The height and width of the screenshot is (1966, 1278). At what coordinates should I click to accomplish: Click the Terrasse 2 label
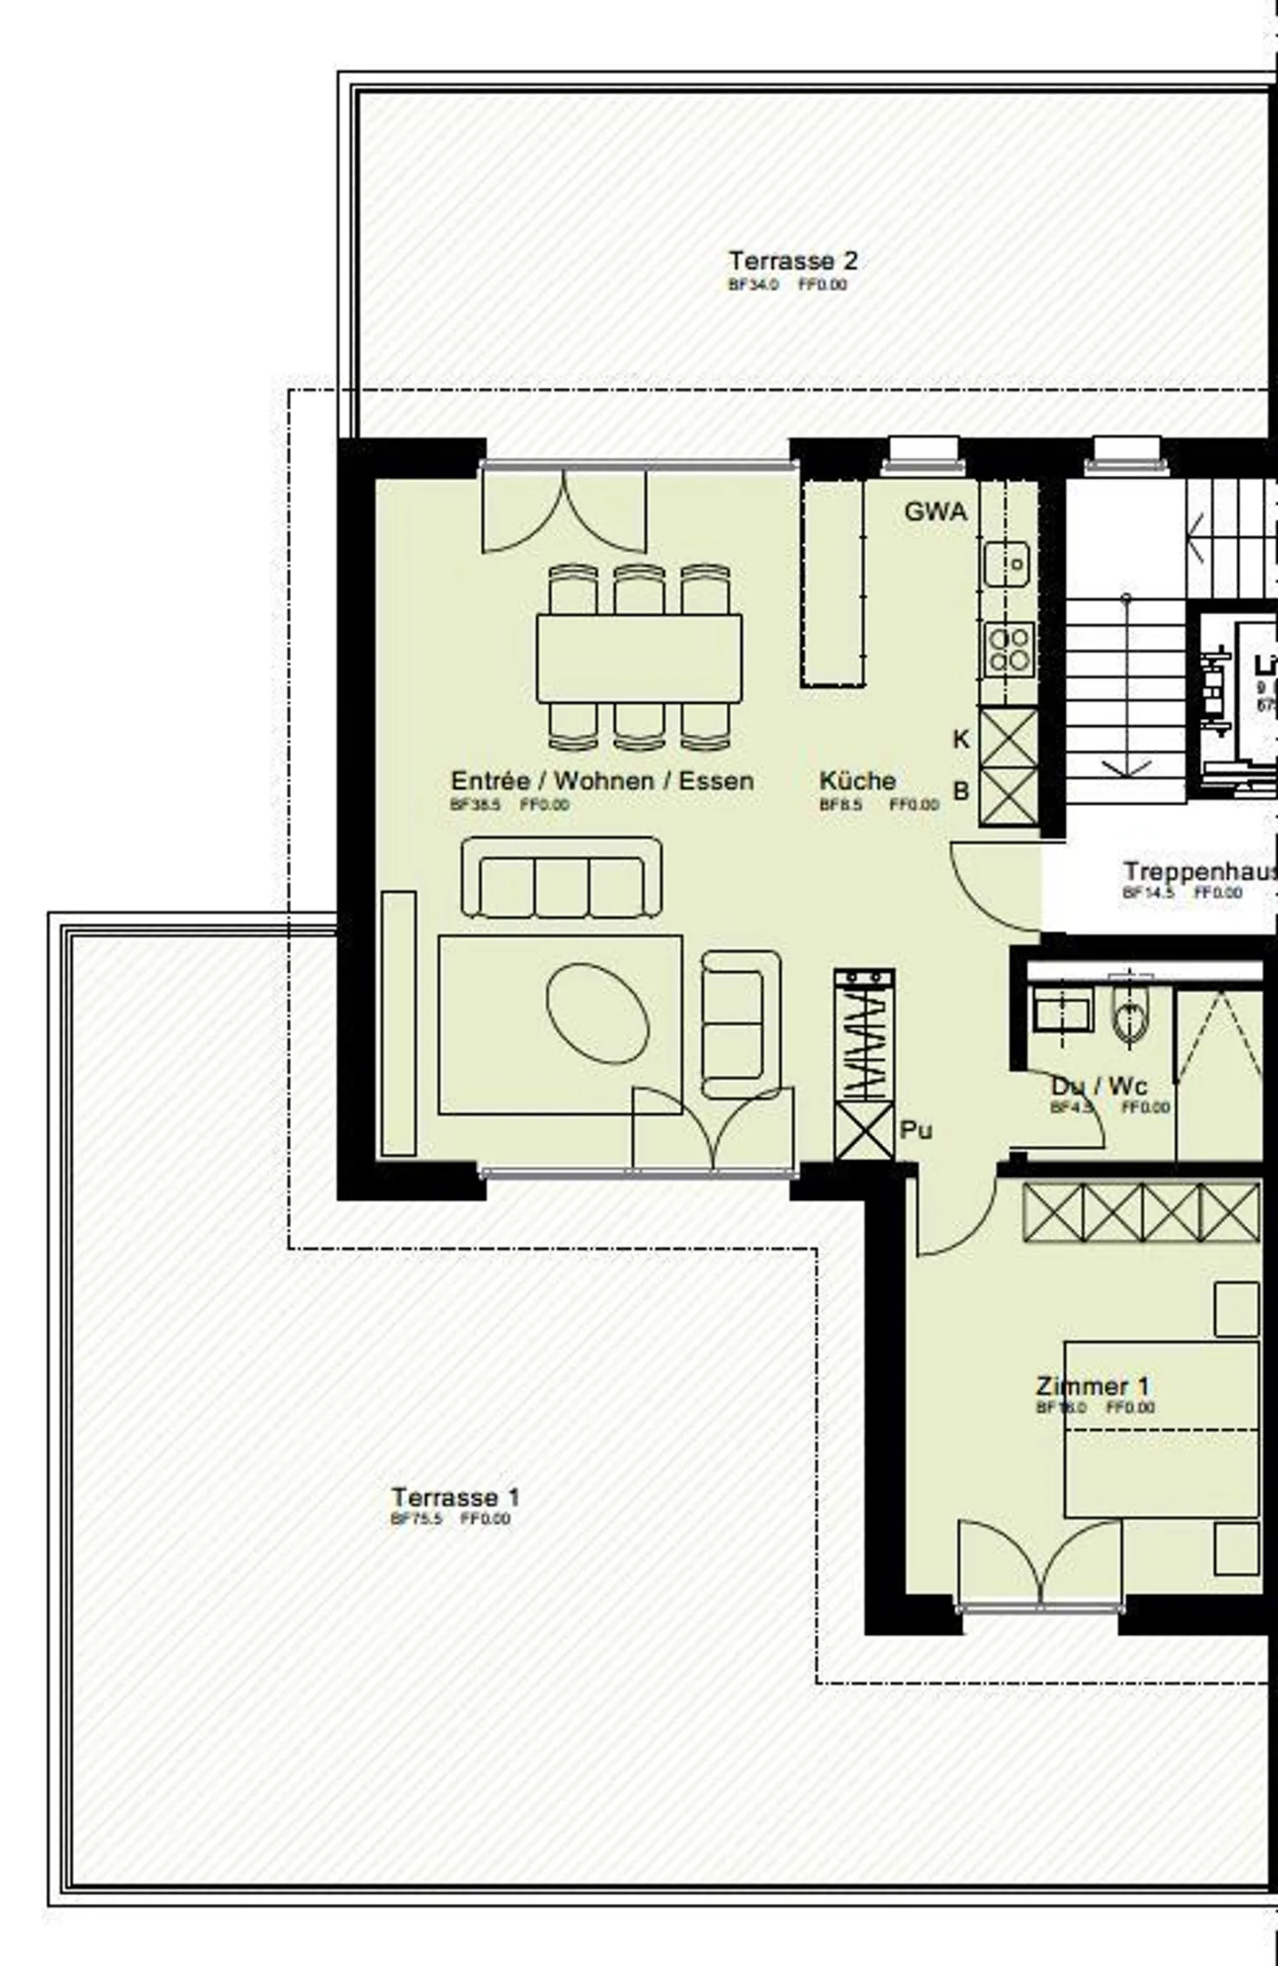coord(793,261)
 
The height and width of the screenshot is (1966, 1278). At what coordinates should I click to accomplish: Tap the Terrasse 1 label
coord(455,1497)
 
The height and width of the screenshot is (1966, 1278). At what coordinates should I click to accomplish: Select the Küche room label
coord(856,781)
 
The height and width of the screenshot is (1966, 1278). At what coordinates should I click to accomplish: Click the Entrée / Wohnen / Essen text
coord(602,781)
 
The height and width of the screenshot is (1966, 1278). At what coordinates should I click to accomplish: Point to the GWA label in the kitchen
coord(935,512)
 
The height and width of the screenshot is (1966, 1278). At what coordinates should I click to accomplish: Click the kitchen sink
coord(1006,564)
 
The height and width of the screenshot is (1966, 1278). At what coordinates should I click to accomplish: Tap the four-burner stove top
coord(1008,649)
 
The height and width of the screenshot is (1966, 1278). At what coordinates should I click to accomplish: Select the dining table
coord(639,658)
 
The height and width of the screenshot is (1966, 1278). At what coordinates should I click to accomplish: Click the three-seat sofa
coord(561,878)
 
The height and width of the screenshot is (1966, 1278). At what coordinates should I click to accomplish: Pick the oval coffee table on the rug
coord(597,1012)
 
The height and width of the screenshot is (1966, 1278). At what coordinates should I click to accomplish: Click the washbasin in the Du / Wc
coord(1062,1012)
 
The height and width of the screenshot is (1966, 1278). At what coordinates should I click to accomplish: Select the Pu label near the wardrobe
coord(916,1130)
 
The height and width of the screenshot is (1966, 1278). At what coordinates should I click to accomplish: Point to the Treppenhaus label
coord(1198,872)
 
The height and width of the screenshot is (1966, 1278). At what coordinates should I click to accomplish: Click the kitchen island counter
coord(832,582)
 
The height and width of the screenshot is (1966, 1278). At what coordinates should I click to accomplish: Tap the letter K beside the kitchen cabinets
coord(960,739)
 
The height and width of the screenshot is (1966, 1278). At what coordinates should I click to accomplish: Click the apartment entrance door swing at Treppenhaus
coord(990,888)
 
